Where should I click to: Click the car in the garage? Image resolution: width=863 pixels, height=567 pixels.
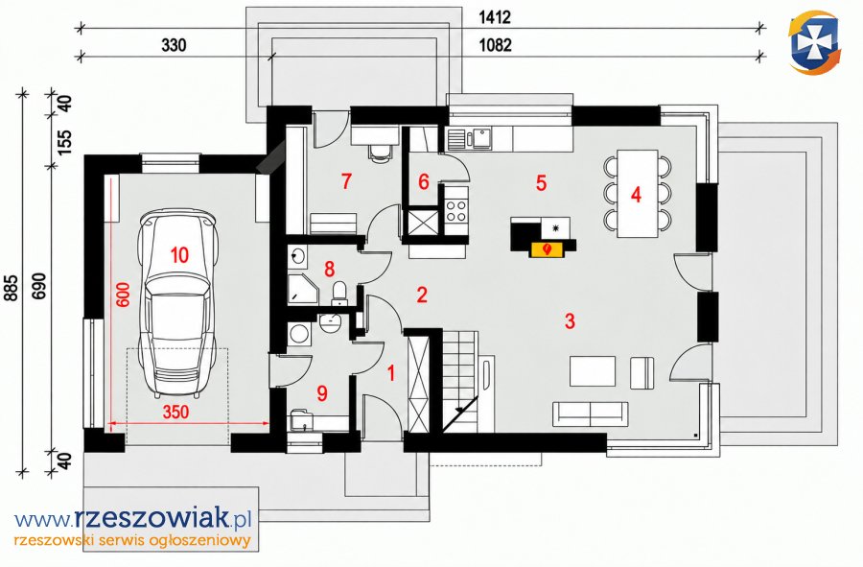[178, 303]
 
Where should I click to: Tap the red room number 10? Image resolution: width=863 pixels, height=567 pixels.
[179, 255]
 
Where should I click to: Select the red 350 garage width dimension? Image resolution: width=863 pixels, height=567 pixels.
[175, 412]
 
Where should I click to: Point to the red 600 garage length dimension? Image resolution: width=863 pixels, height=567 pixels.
[124, 295]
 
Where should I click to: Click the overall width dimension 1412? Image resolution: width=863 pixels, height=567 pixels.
[494, 17]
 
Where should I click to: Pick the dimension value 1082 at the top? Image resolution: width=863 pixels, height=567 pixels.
[496, 44]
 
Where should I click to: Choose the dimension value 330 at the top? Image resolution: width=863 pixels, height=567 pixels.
[174, 44]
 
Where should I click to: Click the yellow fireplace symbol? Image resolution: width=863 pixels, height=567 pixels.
[546, 249]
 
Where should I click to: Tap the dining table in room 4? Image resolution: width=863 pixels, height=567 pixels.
[638, 193]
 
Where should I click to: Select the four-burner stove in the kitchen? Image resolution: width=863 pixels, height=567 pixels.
[456, 211]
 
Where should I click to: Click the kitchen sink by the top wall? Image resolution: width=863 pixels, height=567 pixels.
[482, 138]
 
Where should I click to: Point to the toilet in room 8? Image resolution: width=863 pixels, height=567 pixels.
[339, 293]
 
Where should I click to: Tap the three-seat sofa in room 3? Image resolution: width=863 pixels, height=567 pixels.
[590, 413]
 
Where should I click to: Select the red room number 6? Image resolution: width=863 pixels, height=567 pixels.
[423, 181]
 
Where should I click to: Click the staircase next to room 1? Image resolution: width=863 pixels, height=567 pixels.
[459, 381]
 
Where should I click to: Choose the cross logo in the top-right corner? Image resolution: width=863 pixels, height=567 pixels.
[814, 42]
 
